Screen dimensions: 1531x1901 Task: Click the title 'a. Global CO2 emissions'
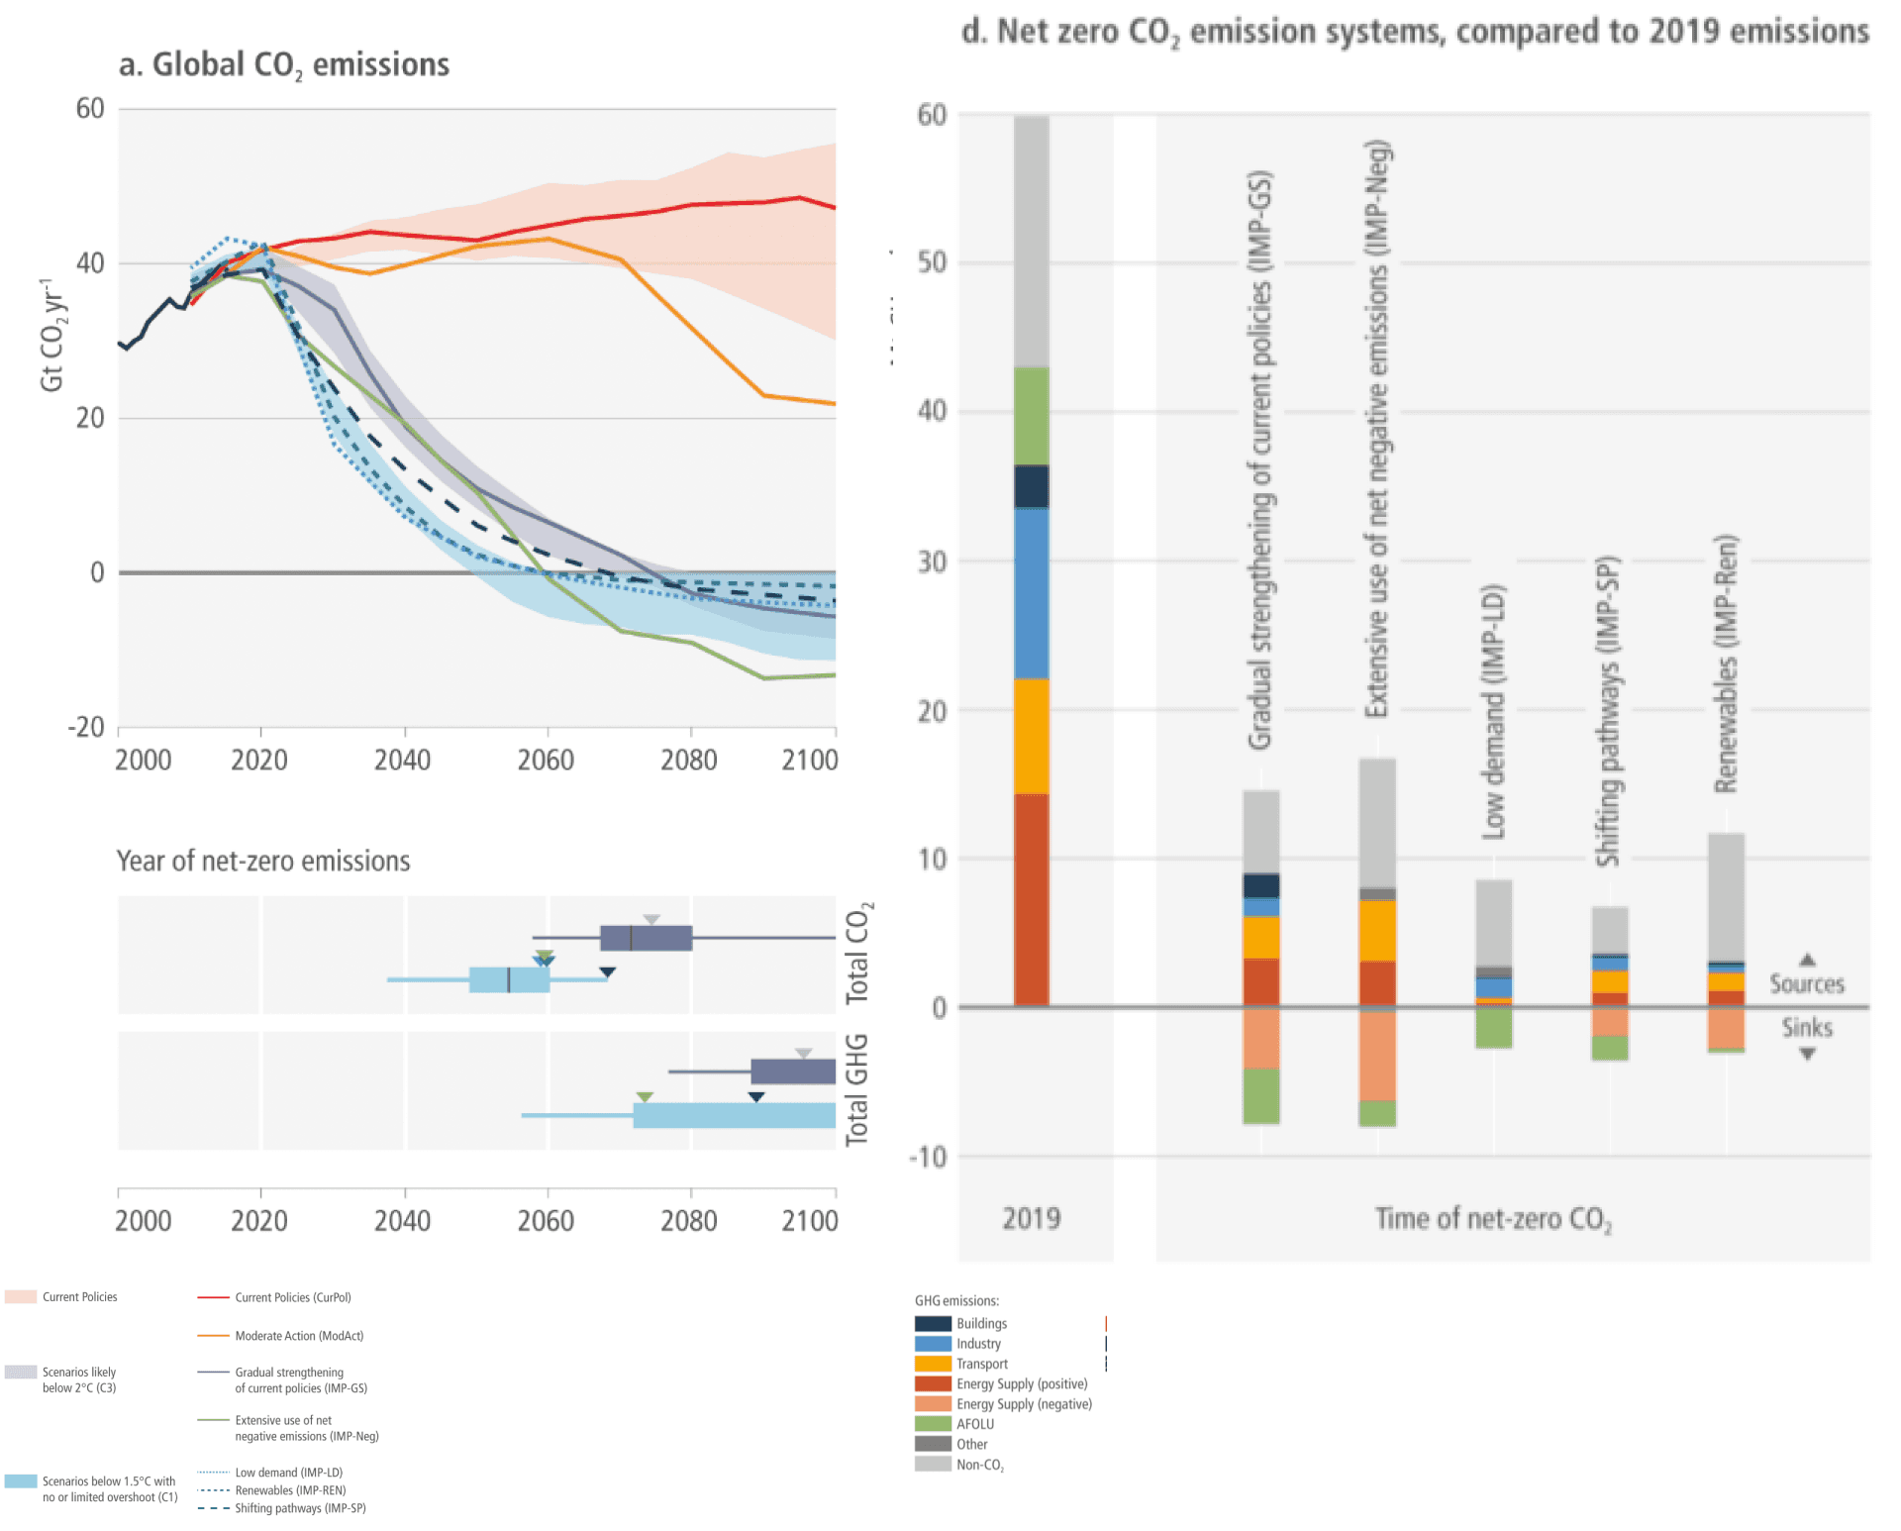284,65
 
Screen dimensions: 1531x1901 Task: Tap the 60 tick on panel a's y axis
90,109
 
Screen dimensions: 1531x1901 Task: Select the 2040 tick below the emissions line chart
402,761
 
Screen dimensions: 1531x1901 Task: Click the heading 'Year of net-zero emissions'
263,862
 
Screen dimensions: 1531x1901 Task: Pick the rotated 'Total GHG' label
856,1090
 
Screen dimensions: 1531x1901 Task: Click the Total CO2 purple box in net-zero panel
646,938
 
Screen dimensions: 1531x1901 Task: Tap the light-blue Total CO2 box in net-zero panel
509,979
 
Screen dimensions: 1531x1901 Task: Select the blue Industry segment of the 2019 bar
1031,593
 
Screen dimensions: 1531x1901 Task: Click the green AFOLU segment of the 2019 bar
1031,416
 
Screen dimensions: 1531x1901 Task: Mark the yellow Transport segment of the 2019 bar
1031,736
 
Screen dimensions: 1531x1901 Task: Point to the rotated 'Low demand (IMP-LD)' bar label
1493,712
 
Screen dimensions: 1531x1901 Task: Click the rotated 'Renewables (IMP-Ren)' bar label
1726,663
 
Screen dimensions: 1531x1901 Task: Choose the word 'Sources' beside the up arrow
1807,984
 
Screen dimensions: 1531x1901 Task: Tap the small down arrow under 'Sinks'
1808,1055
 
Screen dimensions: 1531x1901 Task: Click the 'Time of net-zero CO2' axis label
1493,1219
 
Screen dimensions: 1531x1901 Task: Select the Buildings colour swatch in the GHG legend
933,1324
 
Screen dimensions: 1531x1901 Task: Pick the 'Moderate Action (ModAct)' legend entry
299,1336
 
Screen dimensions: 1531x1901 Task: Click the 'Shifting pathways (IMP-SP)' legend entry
300,1508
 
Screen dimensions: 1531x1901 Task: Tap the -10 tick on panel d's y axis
929,1157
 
